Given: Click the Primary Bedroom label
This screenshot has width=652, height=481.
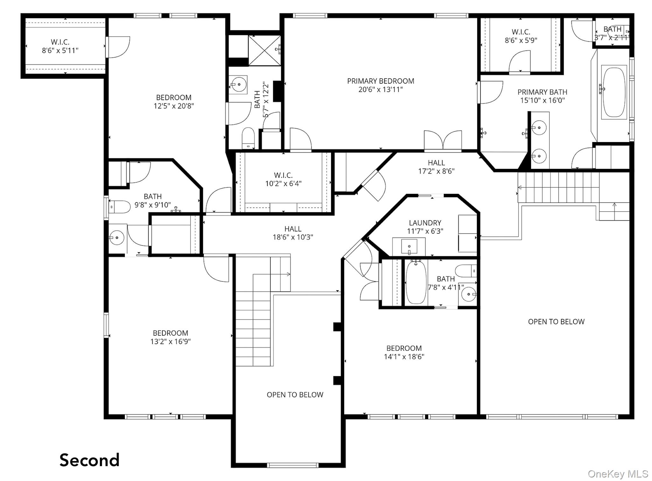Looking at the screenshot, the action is pyautogui.click(x=380, y=85).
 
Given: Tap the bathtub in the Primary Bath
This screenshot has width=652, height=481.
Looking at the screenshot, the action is pyautogui.click(x=614, y=92).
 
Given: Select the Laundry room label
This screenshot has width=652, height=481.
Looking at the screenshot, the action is pyautogui.click(x=425, y=227).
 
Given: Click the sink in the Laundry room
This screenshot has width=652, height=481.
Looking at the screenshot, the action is pyautogui.click(x=409, y=246).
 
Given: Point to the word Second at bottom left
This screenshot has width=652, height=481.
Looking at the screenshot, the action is pyautogui.click(x=89, y=460).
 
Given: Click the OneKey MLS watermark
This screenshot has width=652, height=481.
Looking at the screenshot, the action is pyautogui.click(x=618, y=474).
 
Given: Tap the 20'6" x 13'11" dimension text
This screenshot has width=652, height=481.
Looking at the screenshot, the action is pyautogui.click(x=380, y=90).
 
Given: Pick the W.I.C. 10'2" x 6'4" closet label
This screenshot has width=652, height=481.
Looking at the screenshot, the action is pyautogui.click(x=283, y=179).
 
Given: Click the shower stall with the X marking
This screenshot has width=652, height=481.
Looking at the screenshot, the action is pyautogui.click(x=264, y=50).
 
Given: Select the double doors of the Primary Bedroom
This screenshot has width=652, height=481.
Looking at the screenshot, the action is pyautogui.click(x=443, y=140).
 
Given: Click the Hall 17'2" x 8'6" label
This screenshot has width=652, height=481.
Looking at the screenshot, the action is pyautogui.click(x=436, y=167).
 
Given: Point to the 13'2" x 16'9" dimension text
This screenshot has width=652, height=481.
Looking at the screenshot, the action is pyautogui.click(x=170, y=341).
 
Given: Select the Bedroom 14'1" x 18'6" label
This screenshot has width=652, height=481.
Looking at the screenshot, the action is pyautogui.click(x=404, y=352).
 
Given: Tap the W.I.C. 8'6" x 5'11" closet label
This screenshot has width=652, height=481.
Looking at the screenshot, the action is pyautogui.click(x=60, y=46).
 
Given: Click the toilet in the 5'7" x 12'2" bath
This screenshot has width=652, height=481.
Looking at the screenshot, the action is pyautogui.click(x=248, y=138).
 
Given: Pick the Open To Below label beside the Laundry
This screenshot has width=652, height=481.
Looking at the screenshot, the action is pyautogui.click(x=556, y=322).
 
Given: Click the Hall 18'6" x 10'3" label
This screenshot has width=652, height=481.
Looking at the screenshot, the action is pyautogui.click(x=293, y=233).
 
